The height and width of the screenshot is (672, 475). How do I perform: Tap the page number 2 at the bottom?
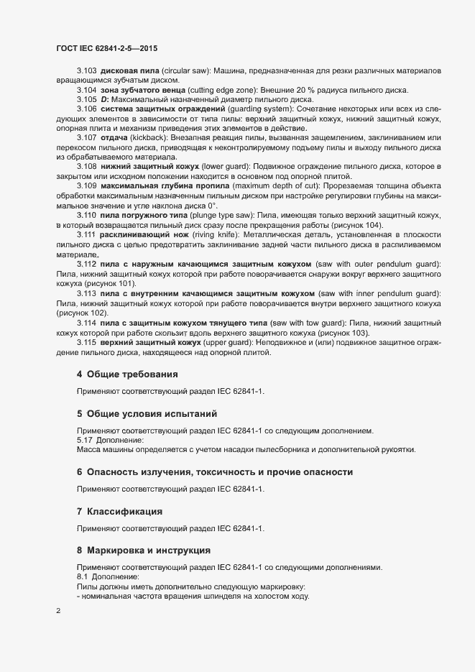click(58, 612)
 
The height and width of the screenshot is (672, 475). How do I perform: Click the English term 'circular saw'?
click(185, 71)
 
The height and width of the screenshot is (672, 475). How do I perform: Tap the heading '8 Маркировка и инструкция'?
click(143, 551)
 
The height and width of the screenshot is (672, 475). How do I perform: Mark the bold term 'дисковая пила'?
click(128, 71)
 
